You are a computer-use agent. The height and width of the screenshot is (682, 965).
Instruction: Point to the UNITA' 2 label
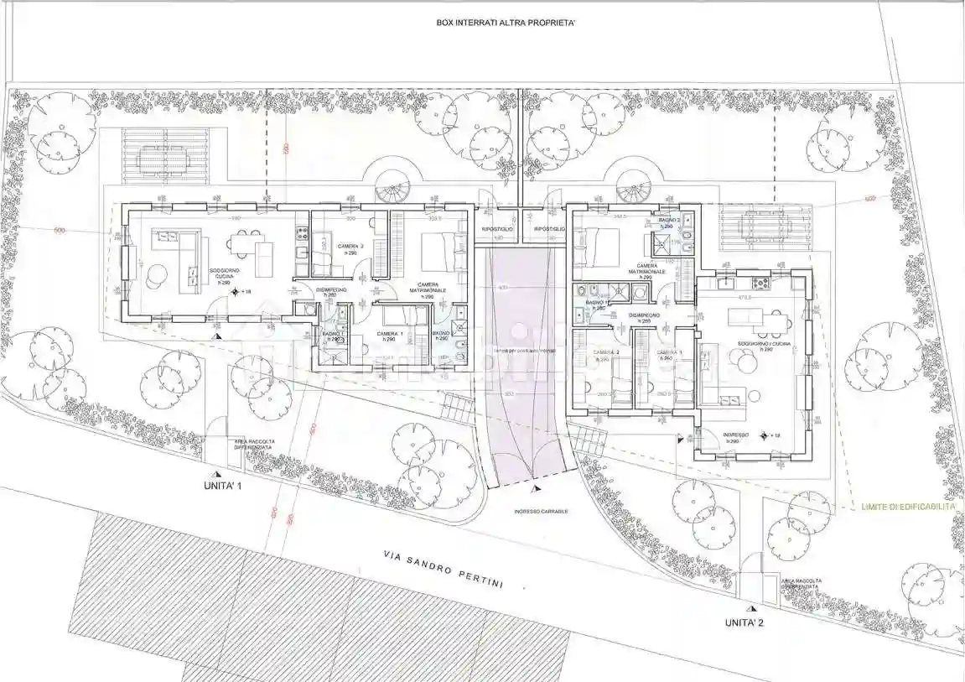tap(744, 622)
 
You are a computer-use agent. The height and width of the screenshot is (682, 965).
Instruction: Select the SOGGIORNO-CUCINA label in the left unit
tap(225, 274)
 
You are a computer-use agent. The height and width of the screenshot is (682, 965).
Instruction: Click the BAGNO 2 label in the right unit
tap(667, 223)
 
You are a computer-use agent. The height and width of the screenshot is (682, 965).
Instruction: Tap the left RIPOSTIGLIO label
tap(497, 229)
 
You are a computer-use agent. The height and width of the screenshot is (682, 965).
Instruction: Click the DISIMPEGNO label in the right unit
tap(645, 317)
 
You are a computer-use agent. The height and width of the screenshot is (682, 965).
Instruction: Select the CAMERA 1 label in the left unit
tap(388, 336)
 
